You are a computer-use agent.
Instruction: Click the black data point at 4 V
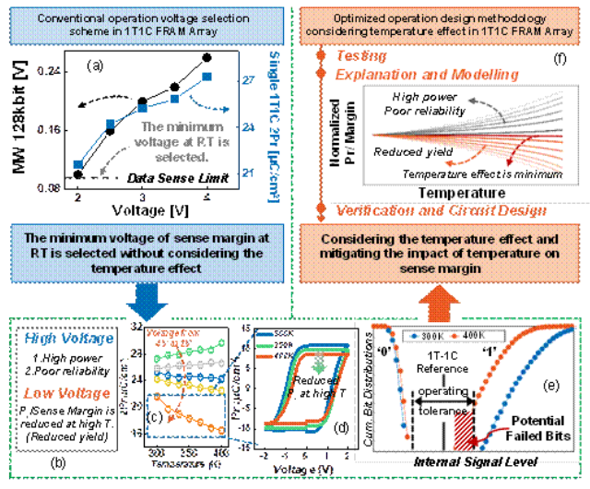(x=206, y=58)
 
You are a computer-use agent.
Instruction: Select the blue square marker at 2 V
(x=77, y=165)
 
